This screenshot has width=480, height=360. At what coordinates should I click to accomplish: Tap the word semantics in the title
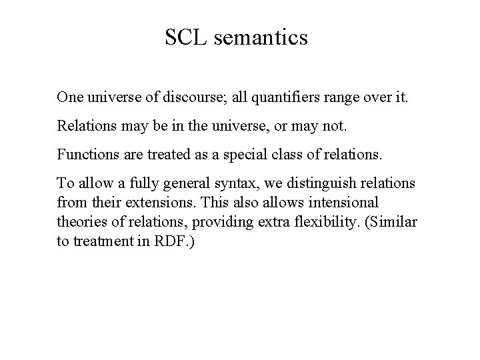click(x=261, y=37)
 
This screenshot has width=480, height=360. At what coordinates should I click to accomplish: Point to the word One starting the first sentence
click(x=69, y=97)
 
